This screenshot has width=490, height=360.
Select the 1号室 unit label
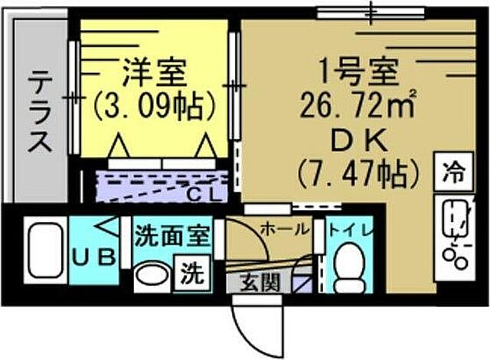tap(358, 74)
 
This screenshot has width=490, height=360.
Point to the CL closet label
tap(204, 195)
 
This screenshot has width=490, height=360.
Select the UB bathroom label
tap(94, 258)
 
